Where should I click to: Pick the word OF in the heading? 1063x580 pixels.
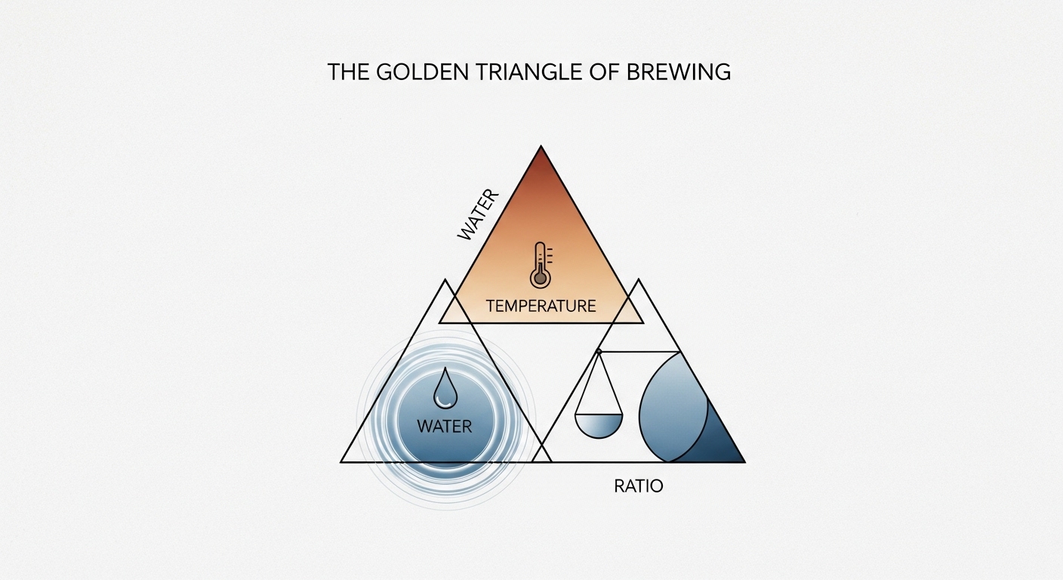(x=604, y=72)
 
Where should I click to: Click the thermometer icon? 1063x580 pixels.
(x=539, y=265)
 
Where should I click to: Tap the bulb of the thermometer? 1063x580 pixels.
(x=539, y=279)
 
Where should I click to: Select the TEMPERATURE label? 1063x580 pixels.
(x=541, y=306)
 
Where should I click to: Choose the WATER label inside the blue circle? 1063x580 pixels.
(x=444, y=427)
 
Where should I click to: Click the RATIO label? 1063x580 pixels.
(x=639, y=486)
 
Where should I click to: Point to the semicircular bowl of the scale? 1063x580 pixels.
(x=599, y=426)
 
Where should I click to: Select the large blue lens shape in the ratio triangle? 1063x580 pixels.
(x=672, y=408)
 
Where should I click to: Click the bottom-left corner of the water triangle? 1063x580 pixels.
(x=342, y=461)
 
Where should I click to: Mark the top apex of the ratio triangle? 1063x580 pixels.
(x=639, y=279)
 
